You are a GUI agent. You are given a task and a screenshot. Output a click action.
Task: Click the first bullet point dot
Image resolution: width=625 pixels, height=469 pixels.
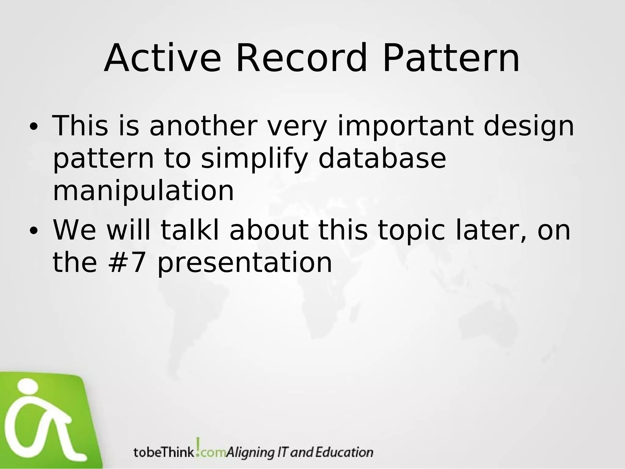point(33,127)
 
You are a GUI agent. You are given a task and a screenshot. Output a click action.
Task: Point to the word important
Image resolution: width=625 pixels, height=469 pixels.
point(406,126)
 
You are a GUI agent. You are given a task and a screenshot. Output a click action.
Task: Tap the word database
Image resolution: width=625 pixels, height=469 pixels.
point(382,158)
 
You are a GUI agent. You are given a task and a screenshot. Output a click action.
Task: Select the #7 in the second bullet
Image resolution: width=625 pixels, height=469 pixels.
point(126,263)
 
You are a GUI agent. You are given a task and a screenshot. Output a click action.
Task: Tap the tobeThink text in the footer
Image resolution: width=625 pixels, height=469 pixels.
point(164,452)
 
